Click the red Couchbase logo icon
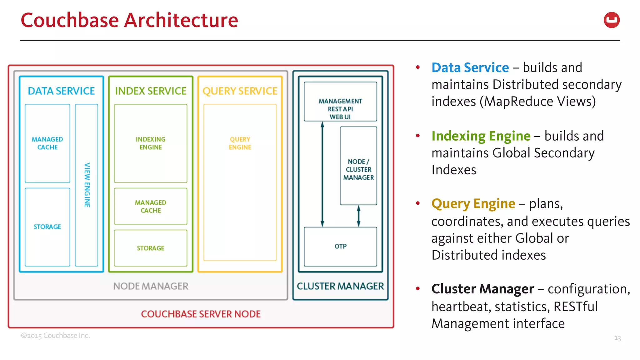(x=612, y=20)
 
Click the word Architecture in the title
(x=181, y=20)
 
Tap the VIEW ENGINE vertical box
(x=87, y=185)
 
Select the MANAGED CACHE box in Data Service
(x=47, y=143)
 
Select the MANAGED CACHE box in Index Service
(x=151, y=206)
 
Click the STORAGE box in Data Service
(x=47, y=227)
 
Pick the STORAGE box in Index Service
(x=151, y=248)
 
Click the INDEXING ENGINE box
(x=151, y=143)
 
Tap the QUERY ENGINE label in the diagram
(x=240, y=143)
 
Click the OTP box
(x=340, y=246)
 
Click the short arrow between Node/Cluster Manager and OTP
(x=358, y=216)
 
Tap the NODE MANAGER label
(x=151, y=286)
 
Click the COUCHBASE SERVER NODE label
(x=201, y=314)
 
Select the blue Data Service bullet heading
(x=470, y=67)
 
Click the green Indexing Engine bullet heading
(x=481, y=136)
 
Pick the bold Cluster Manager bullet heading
(x=482, y=289)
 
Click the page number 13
(x=617, y=338)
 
